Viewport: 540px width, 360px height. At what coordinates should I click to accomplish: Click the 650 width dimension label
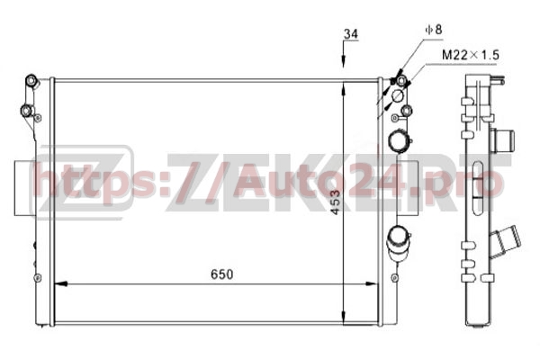click(x=221, y=274)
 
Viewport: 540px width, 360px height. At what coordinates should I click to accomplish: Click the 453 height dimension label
click(x=335, y=202)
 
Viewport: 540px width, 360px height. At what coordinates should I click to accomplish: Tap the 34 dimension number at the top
click(x=351, y=34)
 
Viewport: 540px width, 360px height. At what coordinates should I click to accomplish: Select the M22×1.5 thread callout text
click(x=471, y=55)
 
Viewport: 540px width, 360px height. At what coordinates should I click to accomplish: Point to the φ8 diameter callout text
click(x=434, y=30)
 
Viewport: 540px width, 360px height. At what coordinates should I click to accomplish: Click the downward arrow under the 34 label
click(x=344, y=54)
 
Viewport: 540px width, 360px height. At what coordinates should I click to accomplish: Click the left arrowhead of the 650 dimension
click(x=60, y=284)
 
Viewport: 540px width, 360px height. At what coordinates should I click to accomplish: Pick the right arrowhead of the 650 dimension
click(x=372, y=284)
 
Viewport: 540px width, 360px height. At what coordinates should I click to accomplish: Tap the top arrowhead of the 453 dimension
click(x=344, y=89)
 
